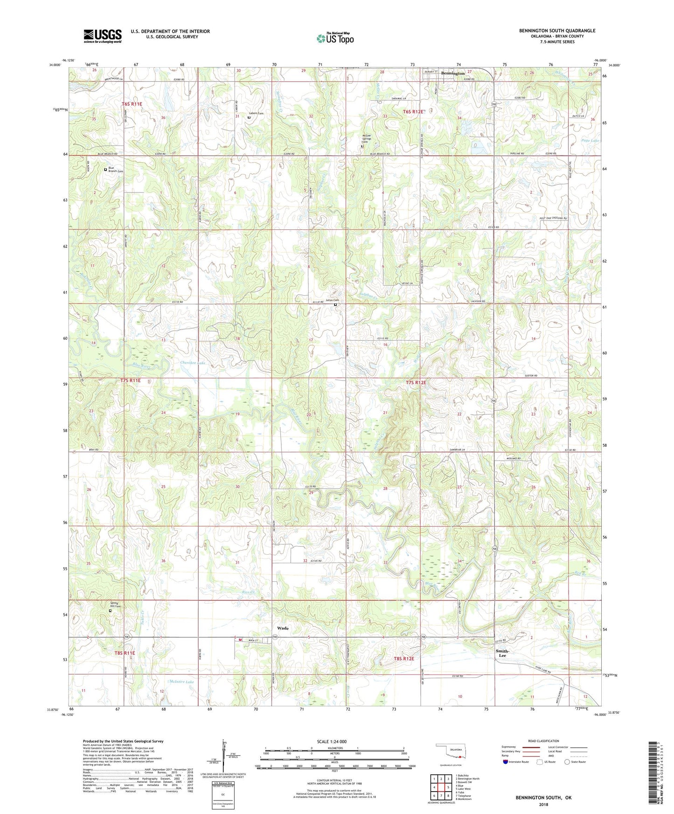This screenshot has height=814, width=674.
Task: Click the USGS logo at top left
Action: click(103, 36)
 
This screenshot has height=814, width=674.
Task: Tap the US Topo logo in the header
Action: click(335, 38)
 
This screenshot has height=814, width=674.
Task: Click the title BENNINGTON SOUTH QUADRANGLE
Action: click(557, 31)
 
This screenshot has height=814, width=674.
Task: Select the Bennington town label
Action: click(453, 73)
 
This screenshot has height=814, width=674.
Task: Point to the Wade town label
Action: click(283, 628)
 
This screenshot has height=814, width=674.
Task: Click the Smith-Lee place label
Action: click(502, 653)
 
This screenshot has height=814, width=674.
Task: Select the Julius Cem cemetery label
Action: click(332, 300)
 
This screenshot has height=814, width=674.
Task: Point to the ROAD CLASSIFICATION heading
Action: click(543, 741)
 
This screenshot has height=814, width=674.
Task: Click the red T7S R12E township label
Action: click(416, 382)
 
